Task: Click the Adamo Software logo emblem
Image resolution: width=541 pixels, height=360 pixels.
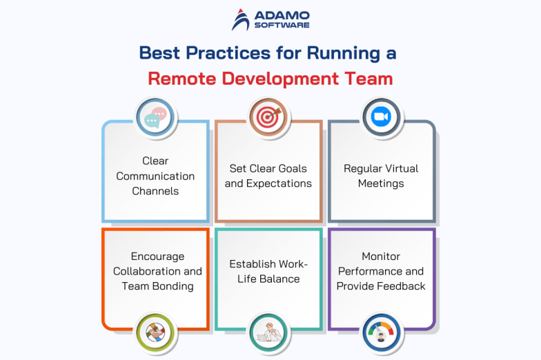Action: point(241,19)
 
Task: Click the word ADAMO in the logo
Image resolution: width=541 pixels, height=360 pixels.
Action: point(282,14)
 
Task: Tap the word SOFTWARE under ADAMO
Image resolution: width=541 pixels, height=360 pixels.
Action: point(282,26)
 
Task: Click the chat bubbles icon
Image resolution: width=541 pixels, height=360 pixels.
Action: point(155,117)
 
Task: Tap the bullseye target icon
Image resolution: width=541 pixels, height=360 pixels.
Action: point(268,117)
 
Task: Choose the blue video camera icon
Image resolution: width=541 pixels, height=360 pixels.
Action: point(381,117)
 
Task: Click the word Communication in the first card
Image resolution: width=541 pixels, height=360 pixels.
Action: point(155,176)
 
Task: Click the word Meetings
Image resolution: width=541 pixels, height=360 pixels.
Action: point(381,183)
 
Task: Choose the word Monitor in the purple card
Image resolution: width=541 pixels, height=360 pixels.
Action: point(381,256)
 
